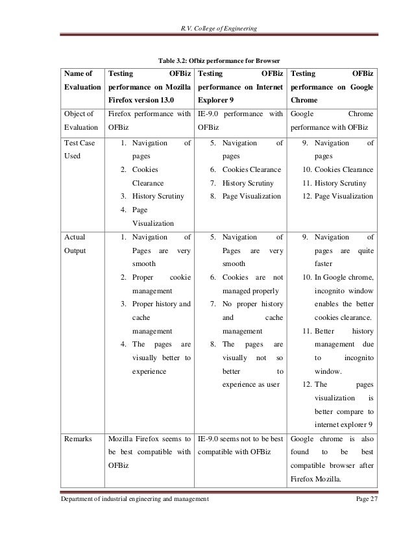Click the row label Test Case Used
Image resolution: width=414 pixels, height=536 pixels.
pyautogui.click(x=76, y=150)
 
